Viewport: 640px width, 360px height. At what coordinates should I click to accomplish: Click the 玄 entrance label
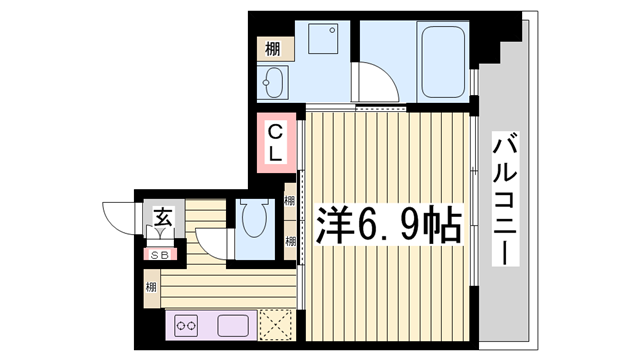coord(163,213)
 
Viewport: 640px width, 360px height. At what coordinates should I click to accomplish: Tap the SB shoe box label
coord(159,254)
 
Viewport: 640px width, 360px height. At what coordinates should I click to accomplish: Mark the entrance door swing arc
coord(116,214)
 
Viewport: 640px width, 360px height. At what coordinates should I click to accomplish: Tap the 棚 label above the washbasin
coord(273,48)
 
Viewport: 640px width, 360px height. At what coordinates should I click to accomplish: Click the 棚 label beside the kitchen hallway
coord(150,289)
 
